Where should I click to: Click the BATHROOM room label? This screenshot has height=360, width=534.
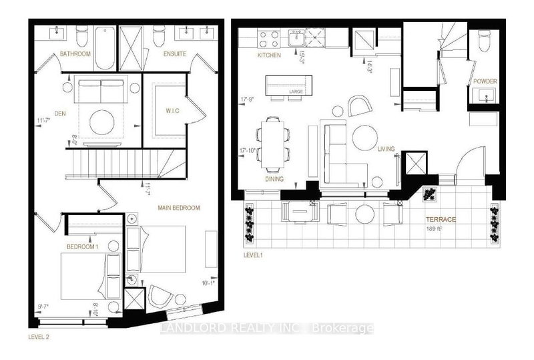click(x=75, y=53)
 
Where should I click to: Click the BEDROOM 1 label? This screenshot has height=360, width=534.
click(x=82, y=246)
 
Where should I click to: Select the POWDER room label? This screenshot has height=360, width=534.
click(x=485, y=81)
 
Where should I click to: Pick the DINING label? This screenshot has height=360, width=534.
click(x=274, y=179)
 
